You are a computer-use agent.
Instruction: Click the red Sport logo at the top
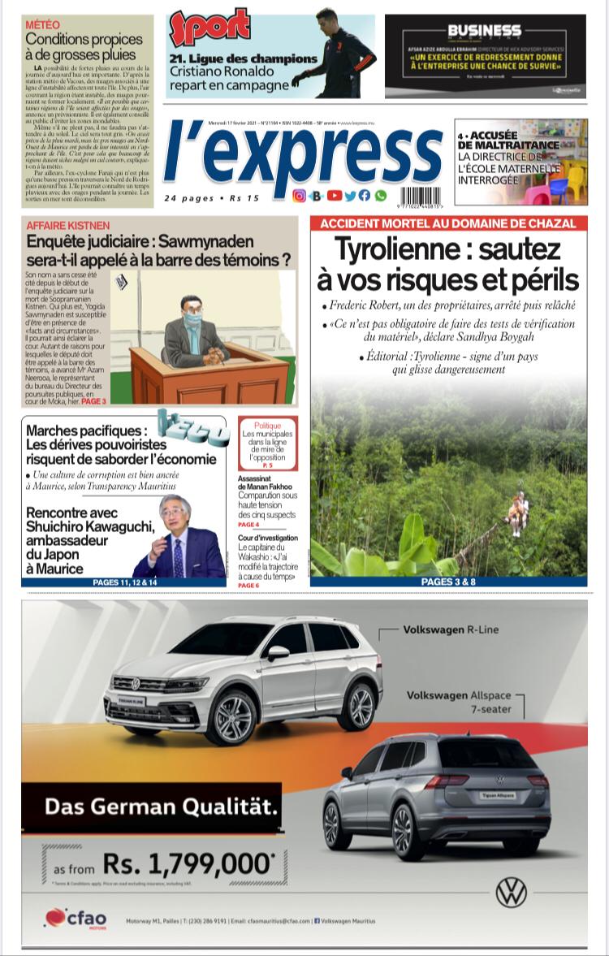209,28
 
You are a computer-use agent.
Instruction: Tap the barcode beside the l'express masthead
421,196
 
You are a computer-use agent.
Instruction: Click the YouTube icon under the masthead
335,196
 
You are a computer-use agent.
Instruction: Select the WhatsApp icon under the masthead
381,196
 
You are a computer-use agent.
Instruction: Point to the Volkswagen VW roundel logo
512,892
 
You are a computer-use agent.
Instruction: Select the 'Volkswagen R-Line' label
451,629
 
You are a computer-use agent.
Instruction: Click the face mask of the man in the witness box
191,320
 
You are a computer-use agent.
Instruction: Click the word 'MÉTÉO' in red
42,25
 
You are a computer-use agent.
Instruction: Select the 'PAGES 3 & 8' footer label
448,582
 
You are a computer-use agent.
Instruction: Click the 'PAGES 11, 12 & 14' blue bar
123,582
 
